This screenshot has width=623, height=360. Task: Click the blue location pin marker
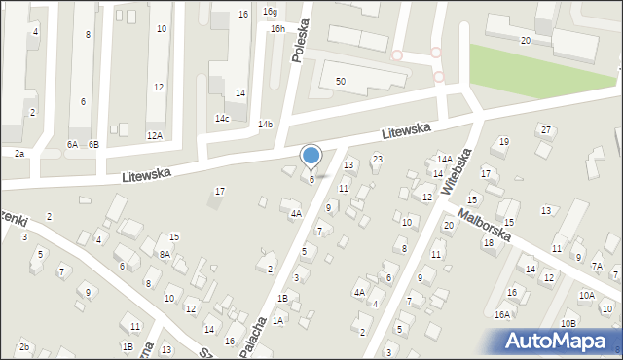tap(311, 157)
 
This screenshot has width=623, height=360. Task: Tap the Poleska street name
tap(302, 41)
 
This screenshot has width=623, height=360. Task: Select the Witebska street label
tap(456, 172)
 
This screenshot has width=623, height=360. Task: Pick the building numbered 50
tap(341, 81)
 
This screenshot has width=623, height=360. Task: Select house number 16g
tap(270, 12)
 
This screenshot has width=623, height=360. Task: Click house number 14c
tap(223, 119)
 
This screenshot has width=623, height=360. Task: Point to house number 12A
tap(154, 136)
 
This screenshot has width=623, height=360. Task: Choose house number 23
tap(378, 159)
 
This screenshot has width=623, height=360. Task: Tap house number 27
tap(546, 130)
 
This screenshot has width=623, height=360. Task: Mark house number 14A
tap(443, 159)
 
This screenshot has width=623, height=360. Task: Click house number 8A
tap(165, 254)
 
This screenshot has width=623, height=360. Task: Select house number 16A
tap(502, 314)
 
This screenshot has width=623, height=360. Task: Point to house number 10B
tap(568, 323)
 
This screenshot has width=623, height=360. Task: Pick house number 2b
tap(25, 347)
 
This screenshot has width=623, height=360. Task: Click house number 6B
tap(93, 144)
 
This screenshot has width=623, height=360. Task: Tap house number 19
tap(503, 142)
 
